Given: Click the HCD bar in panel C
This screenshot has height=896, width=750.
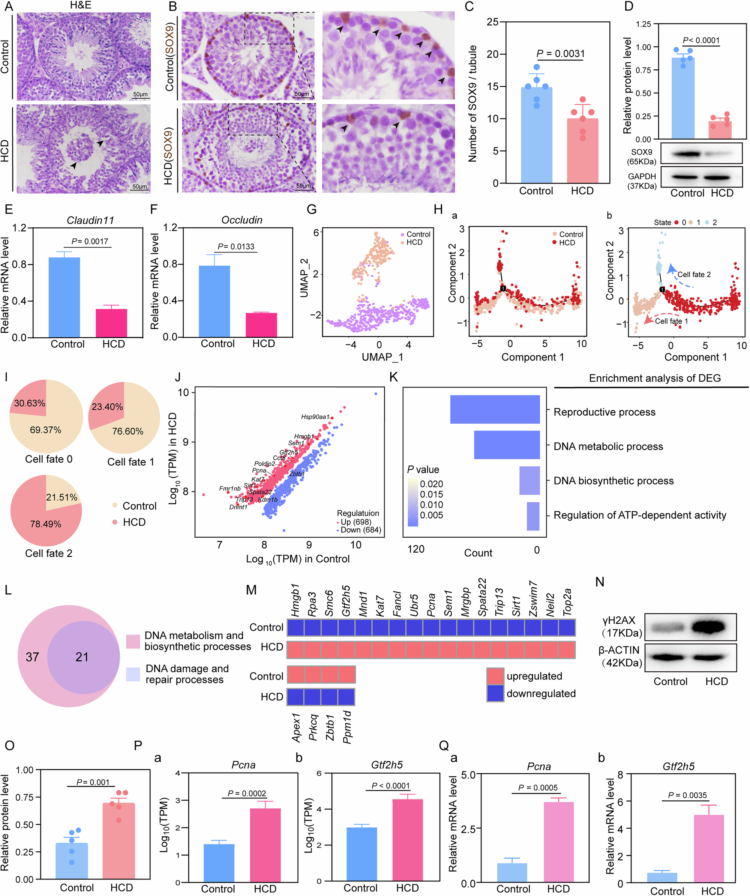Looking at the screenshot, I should point(582,150).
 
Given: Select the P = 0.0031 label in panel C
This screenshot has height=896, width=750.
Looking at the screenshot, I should point(560,54).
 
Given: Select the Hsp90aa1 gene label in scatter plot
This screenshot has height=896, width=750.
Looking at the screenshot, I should point(315,416).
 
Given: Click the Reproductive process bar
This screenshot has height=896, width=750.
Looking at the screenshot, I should point(495,409).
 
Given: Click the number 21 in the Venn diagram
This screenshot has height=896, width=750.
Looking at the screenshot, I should point(82,657).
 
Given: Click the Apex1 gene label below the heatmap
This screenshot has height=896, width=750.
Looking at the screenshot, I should point(296,727).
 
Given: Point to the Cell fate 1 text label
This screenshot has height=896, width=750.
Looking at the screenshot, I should point(671,321).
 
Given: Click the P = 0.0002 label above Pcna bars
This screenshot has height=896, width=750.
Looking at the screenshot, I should point(246,793).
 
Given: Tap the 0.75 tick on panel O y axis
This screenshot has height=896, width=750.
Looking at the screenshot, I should point(24,797).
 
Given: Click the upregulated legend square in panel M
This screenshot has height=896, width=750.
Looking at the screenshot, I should point(495,676).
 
